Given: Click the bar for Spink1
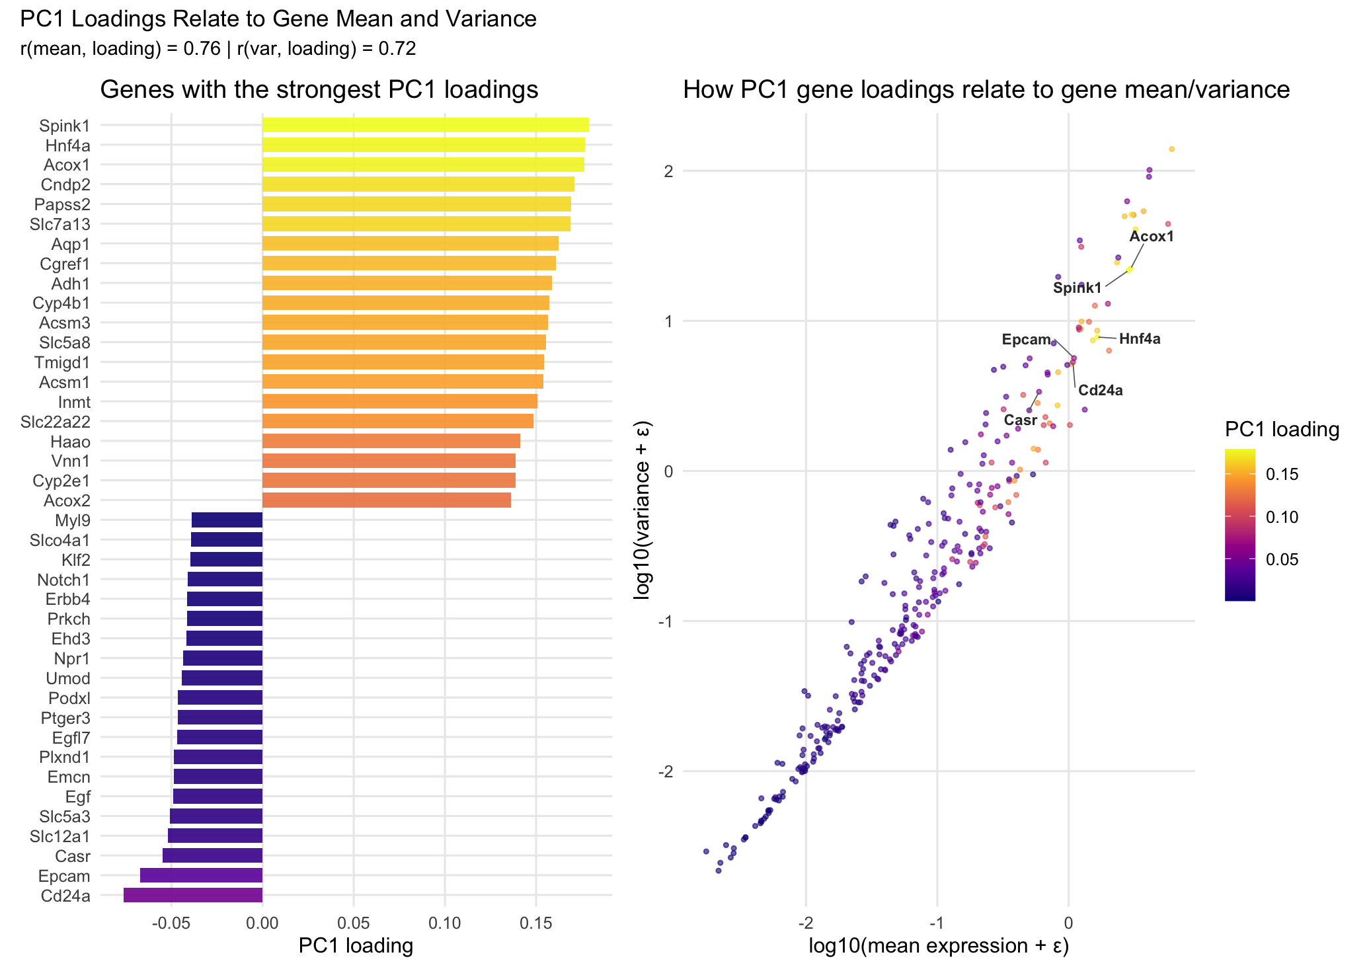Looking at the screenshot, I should point(425,125).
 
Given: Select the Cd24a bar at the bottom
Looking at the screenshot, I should point(193,895).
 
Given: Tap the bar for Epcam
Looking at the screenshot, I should point(201,875).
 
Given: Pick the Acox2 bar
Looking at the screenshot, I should point(386,500).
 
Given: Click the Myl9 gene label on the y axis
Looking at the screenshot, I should point(73,520).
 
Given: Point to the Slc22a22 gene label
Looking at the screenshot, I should point(56,422).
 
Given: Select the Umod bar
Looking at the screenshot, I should point(222,678).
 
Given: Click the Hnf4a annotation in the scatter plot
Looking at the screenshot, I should point(1139,339).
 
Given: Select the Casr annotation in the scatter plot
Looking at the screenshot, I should point(1020,420).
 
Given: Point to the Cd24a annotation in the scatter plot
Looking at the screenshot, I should point(1100,391).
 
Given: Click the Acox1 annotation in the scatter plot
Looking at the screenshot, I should point(1151,237).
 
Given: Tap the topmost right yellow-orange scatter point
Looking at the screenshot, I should point(1171,149).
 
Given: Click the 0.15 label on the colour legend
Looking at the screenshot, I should point(1282,474).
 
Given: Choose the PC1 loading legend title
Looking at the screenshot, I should point(1281,430).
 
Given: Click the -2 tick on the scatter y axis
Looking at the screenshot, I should point(665,771).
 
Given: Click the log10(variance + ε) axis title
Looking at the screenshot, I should point(642,510).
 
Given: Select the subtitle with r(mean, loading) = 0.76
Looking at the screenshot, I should point(218,49).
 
